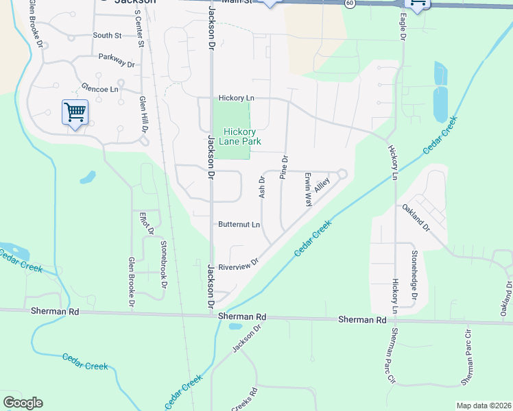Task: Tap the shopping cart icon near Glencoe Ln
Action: pyautogui.click(x=74, y=112)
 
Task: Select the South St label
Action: pyautogui.click(x=107, y=35)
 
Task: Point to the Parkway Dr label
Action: pyautogui.click(x=116, y=62)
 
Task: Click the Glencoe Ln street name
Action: pyautogui.click(x=100, y=88)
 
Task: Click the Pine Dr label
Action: pyautogui.click(x=284, y=168)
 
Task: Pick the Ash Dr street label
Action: pyautogui.click(x=261, y=188)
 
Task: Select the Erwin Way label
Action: pyautogui.click(x=309, y=189)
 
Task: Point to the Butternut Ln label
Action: pyautogui.click(x=239, y=225)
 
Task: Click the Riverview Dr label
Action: pyautogui.click(x=238, y=264)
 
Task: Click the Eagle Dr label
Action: pyautogui.click(x=402, y=28)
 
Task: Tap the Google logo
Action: pyautogui.click(x=23, y=403)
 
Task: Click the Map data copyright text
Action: pyautogui.click(x=484, y=406)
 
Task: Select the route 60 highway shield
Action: pyautogui.click(x=350, y=3)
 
